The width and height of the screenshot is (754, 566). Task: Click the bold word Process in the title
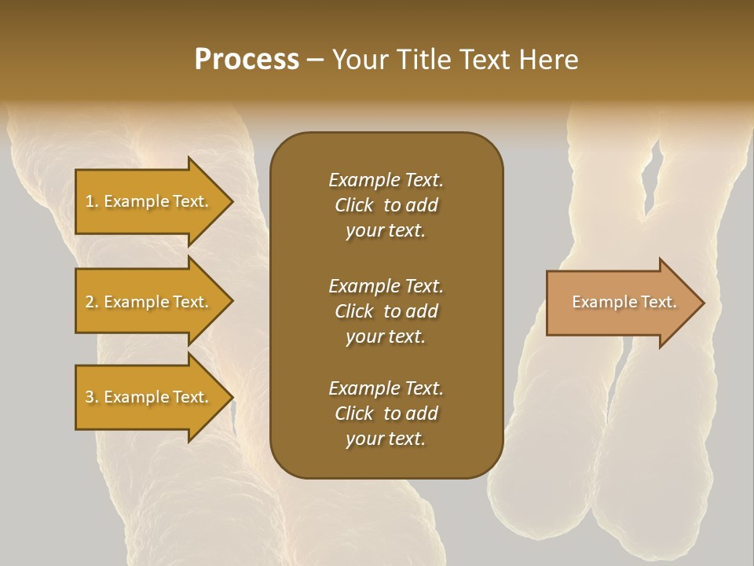[247, 60]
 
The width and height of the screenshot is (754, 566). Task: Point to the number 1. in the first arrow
[92, 201]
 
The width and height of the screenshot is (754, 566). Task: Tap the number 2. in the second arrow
[92, 302]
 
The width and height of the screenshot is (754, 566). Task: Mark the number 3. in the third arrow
[92, 397]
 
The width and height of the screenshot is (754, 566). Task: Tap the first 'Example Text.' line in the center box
[386, 180]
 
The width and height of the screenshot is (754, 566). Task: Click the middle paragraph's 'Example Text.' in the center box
[386, 285]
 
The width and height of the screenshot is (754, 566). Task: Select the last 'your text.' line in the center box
[386, 439]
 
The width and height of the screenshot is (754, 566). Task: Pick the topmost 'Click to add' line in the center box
[386, 205]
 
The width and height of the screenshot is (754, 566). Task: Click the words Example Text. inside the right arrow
[624, 302]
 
